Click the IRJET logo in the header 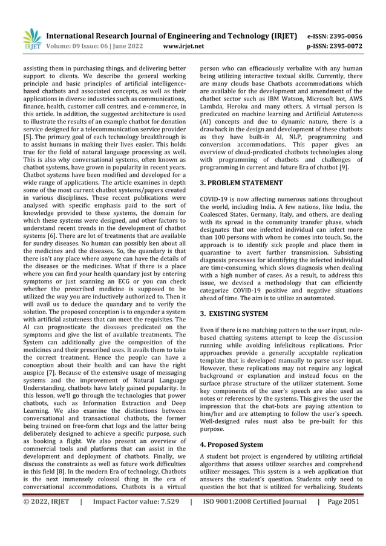point(31,39)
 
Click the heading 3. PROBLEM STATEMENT point(241,182)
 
